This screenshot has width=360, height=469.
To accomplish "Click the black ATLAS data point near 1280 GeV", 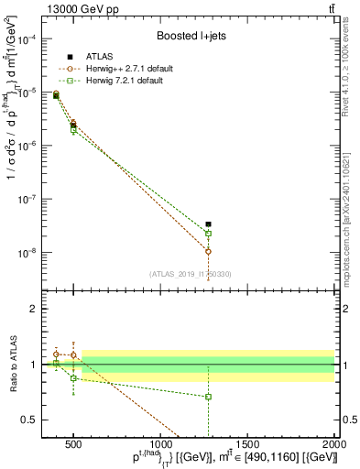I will pyautogui.click(x=209, y=224).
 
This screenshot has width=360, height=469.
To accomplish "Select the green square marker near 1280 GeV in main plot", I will pyautogui.click(x=209, y=234).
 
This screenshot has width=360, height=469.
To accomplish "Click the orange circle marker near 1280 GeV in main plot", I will pyautogui.click(x=209, y=251).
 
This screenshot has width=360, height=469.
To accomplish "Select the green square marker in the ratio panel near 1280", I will pyautogui.click(x=209, y=397).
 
